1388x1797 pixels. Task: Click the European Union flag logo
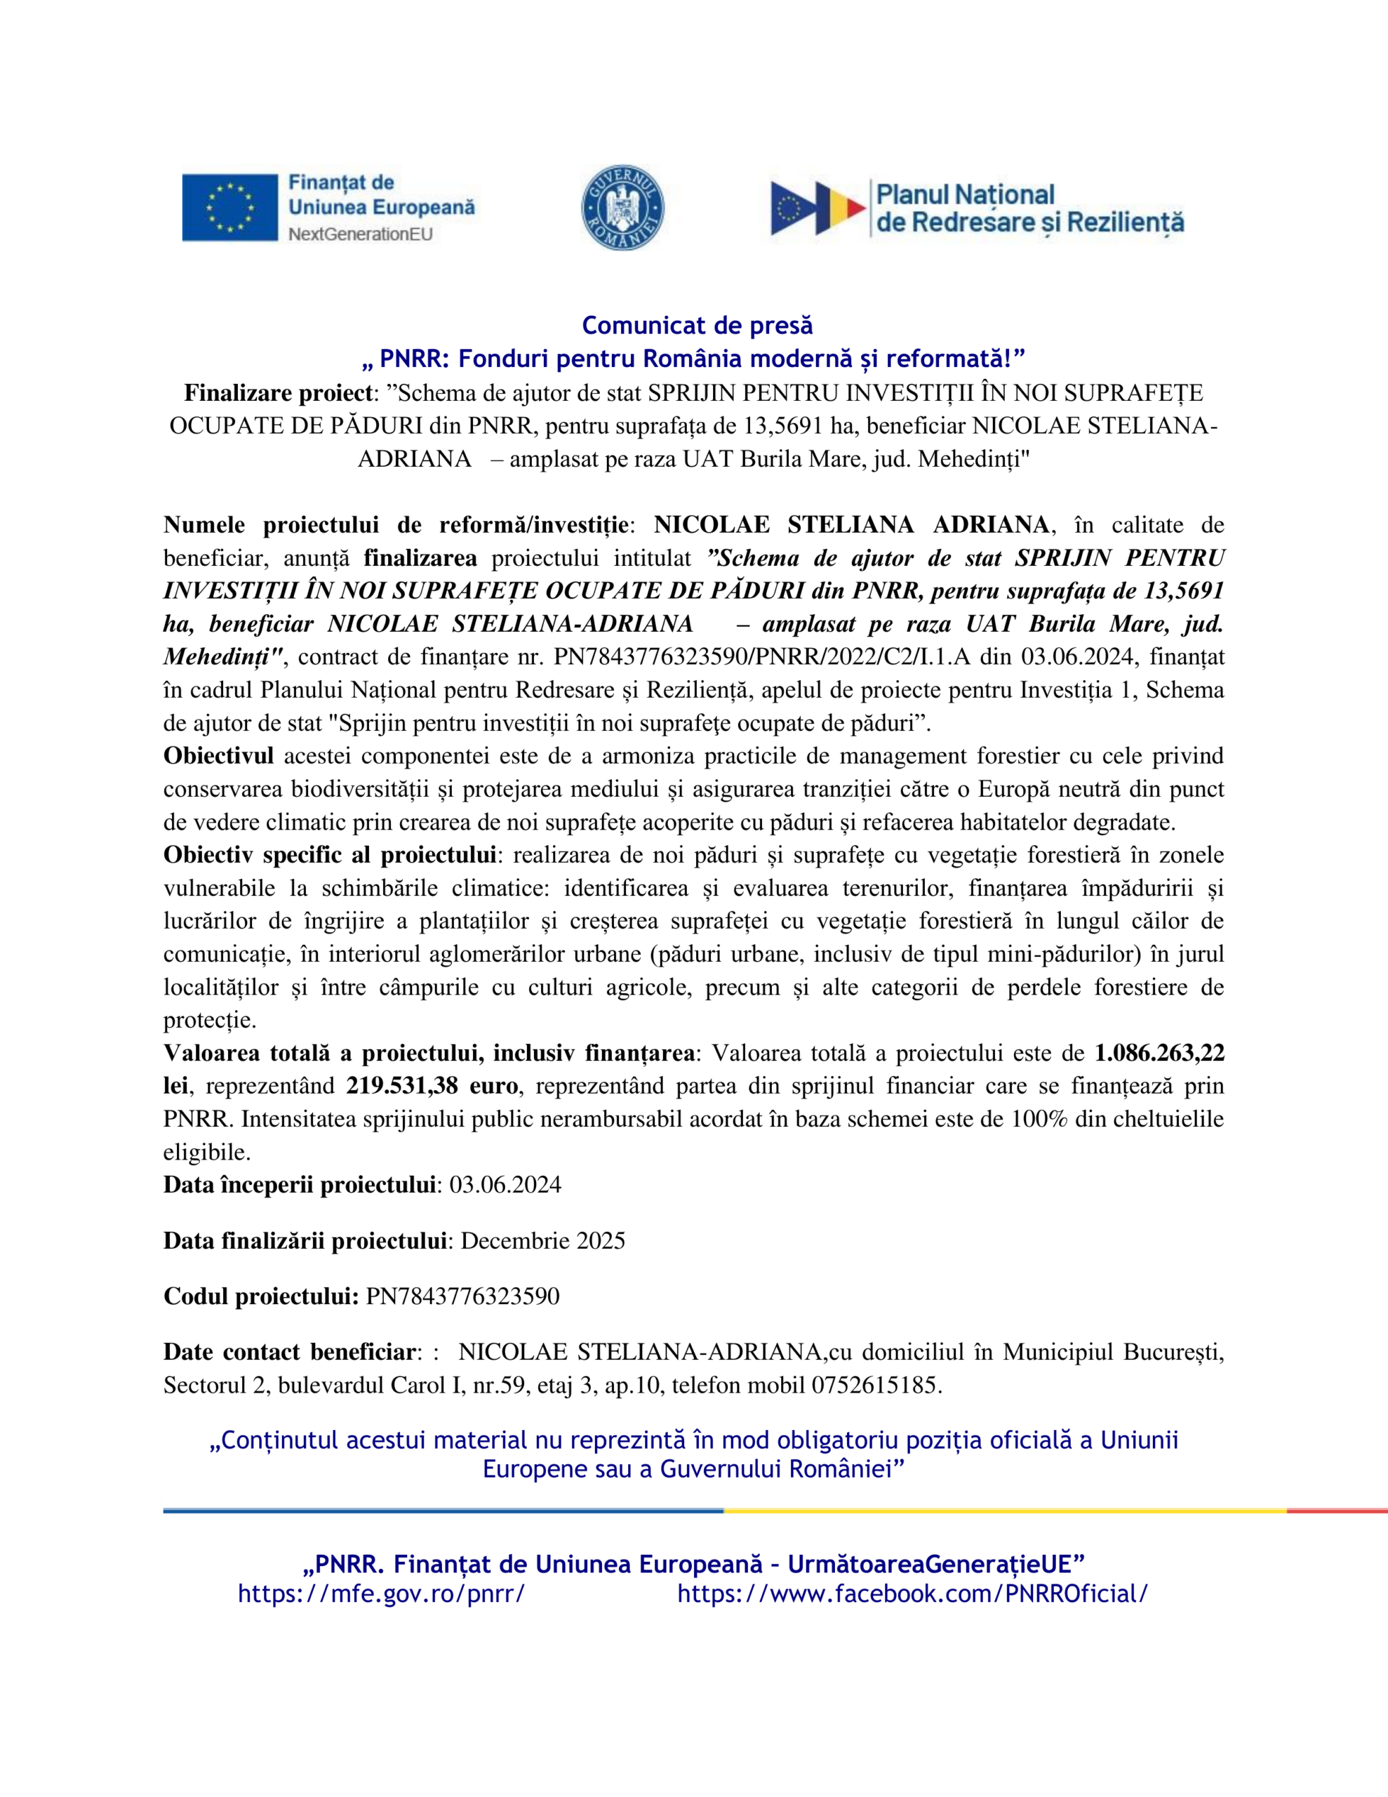click(x=229, y=207)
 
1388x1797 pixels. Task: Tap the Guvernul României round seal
click(x=623, y=207)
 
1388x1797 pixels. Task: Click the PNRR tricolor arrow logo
click(x=818, y=207)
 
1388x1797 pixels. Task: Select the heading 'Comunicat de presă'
click(x=697, y=326)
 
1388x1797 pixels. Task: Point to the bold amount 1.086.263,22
click(x=1159, y=1053)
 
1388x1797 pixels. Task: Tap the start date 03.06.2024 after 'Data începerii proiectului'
click(x=505, y=1185)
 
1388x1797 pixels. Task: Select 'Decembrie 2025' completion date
click(x=543, y=1241)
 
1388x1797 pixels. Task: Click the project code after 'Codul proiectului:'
click(x=462, y=1297)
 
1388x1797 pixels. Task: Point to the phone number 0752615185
click(x=876, y=1386)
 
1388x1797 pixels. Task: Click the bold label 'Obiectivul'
click(x=218, y=755)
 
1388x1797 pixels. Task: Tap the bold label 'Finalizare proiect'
click(x=278, y=392)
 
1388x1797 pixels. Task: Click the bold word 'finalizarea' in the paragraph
click(x=420, y=558)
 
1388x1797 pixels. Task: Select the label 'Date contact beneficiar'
click(x=289, y=1352)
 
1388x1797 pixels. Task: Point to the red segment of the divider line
click(x=1337, y=1511)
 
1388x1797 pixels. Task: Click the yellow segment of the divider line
click(x=1003, y=1511)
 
